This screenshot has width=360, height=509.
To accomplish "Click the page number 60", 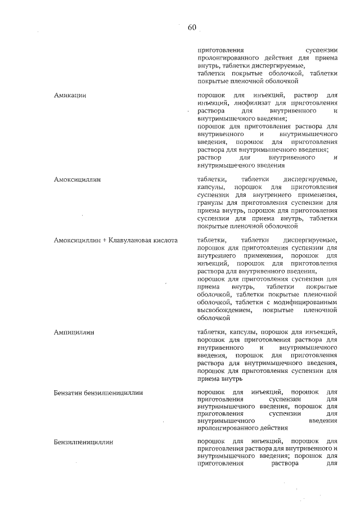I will pyautogui.click(x=191, y=27).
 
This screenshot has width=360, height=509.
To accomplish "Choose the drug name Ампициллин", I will pyautogui.click(x=74, y=332).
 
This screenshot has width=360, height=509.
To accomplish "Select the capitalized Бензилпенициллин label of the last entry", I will pyautogui.click(x=84, y=442).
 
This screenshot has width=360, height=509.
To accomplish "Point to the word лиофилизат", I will pyautogui.click(x=249, y=103).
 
